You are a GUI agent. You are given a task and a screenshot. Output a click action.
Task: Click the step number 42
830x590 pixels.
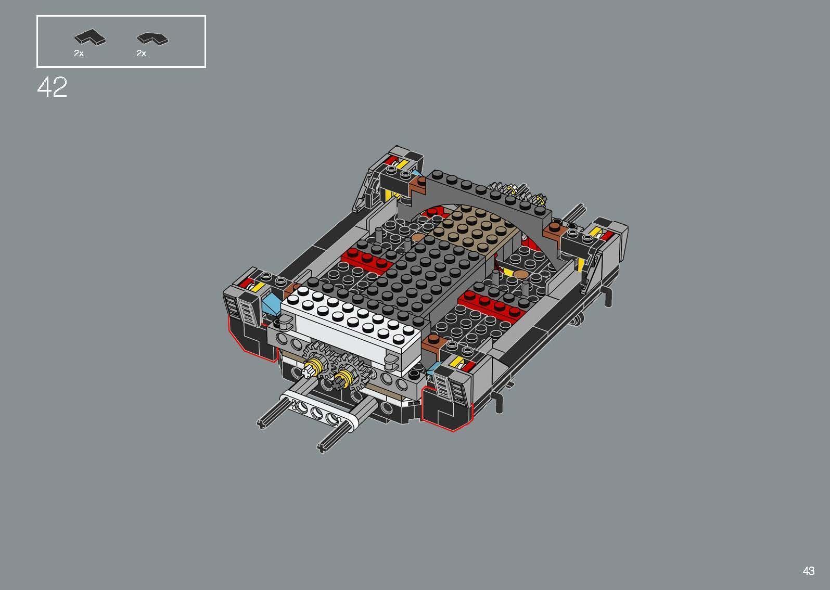pos(52,87)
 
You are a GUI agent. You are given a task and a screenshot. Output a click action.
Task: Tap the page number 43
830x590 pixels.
pos(808,571)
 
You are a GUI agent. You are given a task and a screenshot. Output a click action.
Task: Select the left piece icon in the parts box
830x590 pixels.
pos(90,37)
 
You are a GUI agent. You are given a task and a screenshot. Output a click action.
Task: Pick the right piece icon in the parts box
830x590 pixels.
pos(152,38)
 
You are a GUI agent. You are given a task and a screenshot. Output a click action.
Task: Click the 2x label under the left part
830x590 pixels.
pos(79,54)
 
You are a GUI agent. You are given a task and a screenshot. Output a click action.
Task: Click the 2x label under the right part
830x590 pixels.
pos(141,54)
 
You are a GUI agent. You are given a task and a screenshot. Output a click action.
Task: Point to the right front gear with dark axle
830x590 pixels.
pos(347,376)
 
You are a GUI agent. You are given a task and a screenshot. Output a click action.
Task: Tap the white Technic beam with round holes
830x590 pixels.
pos(323,411)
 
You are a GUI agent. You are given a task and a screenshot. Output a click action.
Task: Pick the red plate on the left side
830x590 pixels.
pos(365,260)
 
